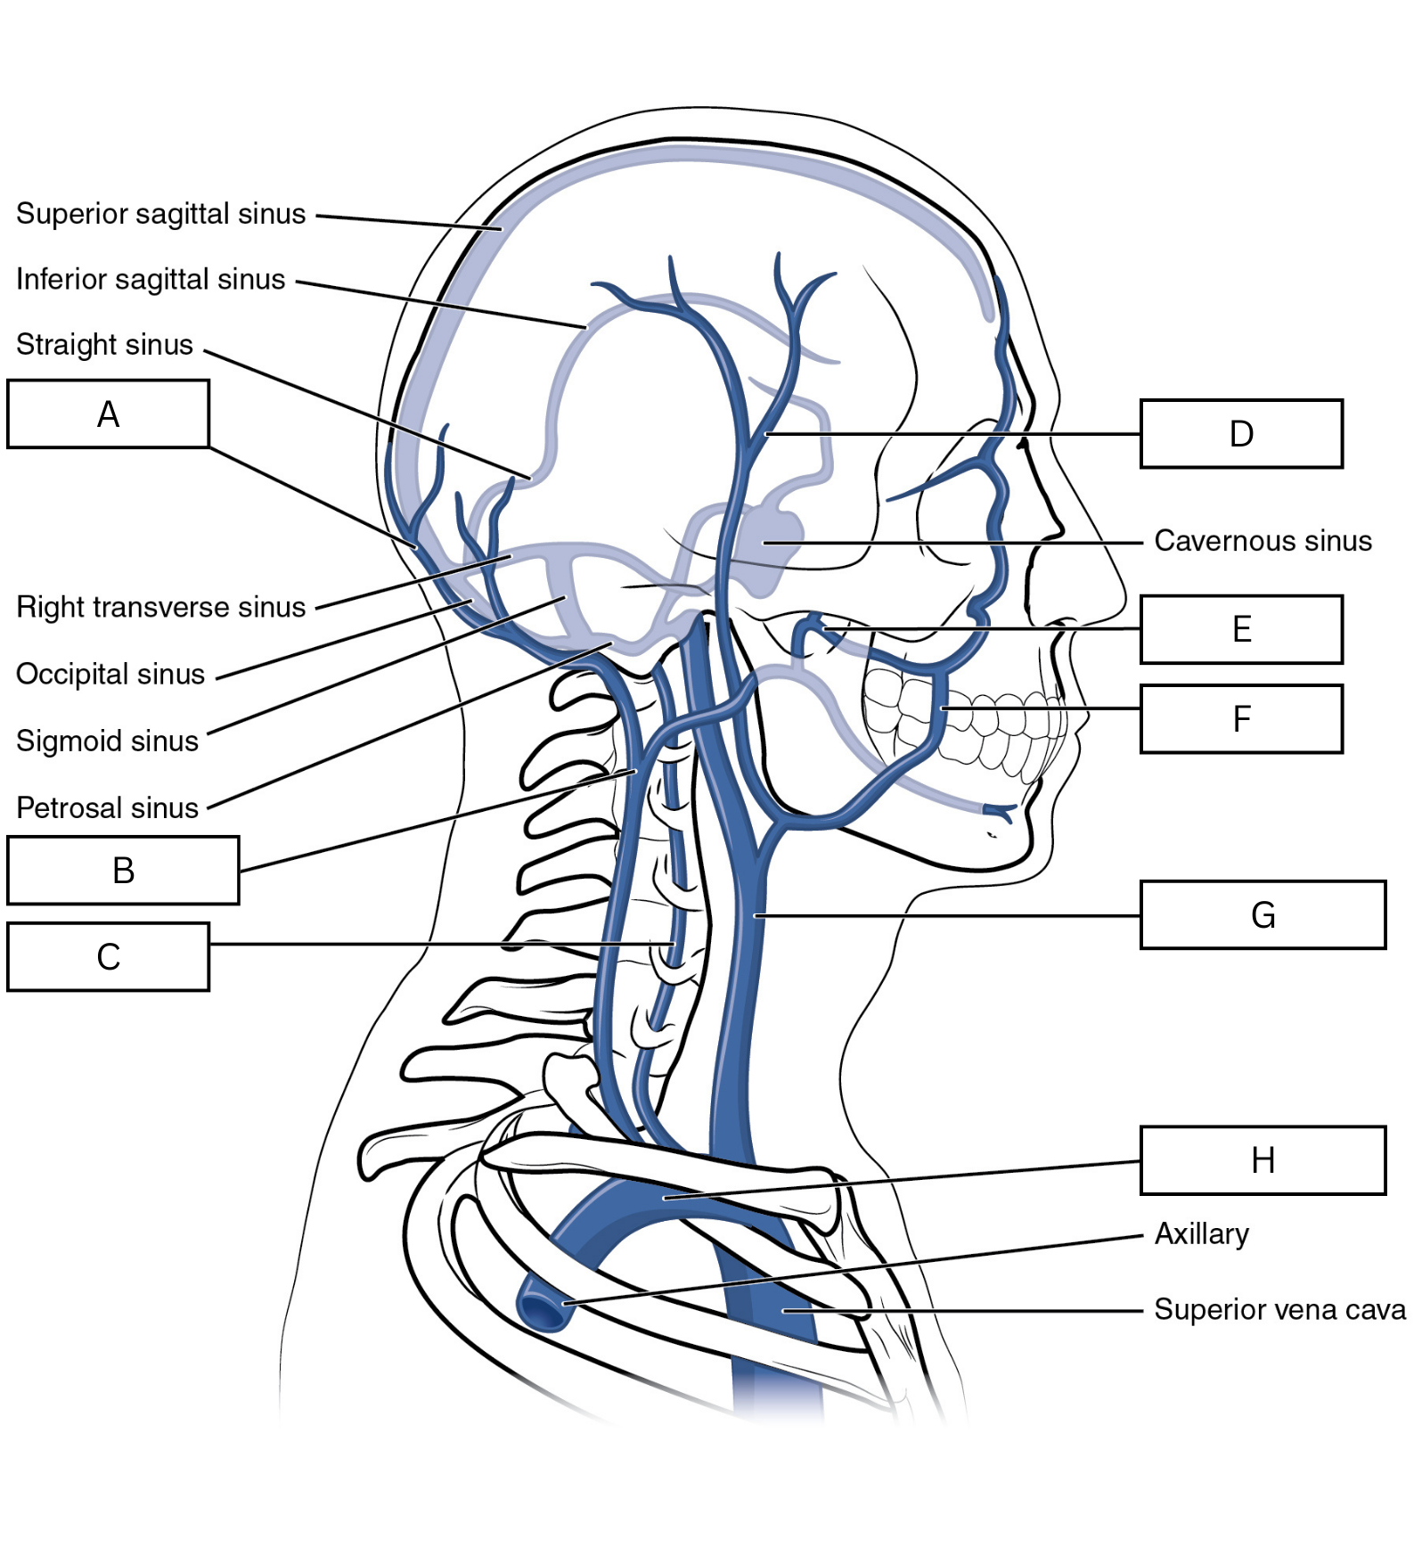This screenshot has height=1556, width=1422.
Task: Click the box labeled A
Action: [109, 414]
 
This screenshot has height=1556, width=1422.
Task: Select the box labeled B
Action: [124, 871]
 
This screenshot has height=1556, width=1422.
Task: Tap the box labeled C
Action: [109, 957]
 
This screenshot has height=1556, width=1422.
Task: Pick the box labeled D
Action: [1241, 434]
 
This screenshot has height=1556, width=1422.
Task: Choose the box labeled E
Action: [1241, 629]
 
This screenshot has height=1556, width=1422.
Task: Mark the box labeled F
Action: [1241, 719]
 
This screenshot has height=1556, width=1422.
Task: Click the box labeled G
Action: [1263, 915]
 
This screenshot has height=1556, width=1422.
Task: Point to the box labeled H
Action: [1263, 1160]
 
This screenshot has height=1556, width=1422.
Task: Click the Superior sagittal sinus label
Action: [161, 214]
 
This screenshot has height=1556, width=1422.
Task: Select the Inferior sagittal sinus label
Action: [151, 279]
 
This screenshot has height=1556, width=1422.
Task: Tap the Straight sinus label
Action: [104, 344]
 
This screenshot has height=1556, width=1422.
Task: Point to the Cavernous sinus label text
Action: [1263, 541]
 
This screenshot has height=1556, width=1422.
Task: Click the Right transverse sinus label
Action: [161, 608]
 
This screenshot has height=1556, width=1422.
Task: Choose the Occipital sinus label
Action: [110, 674]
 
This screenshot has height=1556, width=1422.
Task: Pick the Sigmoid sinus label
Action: [107, 741]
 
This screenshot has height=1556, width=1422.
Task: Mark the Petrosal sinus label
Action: [107, 807]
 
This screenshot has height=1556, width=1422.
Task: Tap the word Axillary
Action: [1202, 1234]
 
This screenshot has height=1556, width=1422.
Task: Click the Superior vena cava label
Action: [1280, 1309]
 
